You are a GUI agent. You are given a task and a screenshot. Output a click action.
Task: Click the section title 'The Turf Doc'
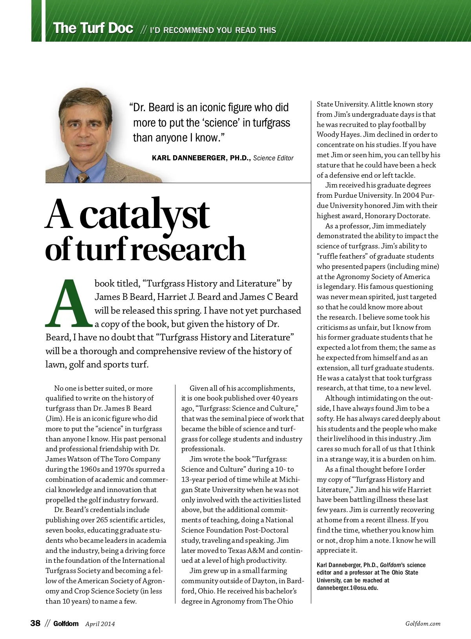click(93, 28)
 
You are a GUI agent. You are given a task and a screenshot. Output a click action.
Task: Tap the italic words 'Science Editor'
click(273, 158)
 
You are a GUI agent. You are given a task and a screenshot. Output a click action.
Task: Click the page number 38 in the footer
click(35, 623)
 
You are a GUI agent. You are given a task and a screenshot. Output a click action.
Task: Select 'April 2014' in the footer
click(100, 624)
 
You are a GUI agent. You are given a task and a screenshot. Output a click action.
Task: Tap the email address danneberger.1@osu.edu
click(347, 588)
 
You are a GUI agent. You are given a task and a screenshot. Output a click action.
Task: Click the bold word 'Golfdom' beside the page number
click(66, 624)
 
